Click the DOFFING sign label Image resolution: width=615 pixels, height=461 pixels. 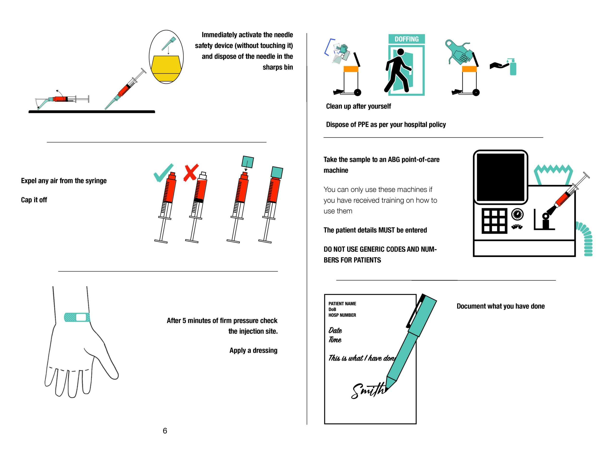coord(406,39)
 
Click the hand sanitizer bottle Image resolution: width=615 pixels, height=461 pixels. coord(512,67)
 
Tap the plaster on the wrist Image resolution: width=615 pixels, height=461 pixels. coord(77,317)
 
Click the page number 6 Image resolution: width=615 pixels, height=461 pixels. coord(165,431)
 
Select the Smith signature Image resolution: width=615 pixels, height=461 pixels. coord(368,390)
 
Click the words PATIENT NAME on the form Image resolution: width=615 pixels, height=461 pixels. coord(342,304)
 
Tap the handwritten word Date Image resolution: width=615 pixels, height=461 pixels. coord(335,330)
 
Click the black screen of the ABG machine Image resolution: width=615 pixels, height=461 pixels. coord(500,177)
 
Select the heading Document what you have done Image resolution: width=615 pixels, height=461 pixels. coord(500,306)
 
